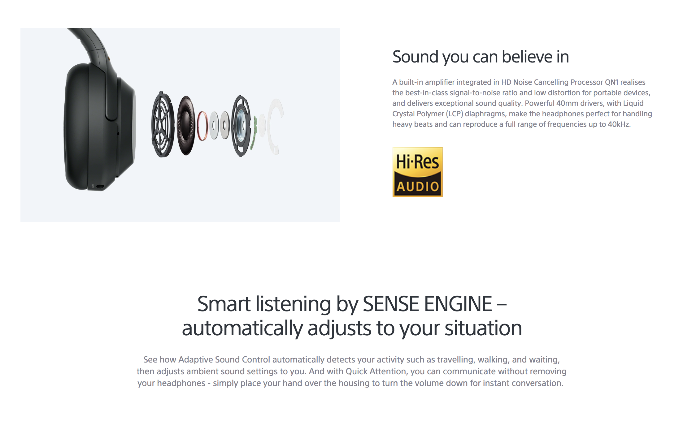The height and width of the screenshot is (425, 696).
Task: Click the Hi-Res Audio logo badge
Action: coord(417,172)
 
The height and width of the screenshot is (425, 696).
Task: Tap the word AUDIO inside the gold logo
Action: coord(418,187)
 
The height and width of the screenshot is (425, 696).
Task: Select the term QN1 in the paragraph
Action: coord(611,82)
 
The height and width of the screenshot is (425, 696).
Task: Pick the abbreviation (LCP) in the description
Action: coord(455,114)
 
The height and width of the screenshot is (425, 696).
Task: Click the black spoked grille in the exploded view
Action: coord(162,124)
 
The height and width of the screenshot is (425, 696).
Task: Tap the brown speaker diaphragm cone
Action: coord(186,125)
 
